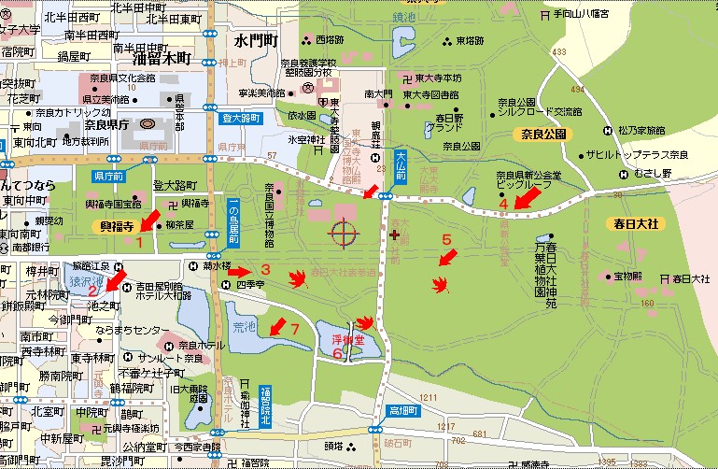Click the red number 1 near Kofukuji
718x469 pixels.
pyautogui.click(x=139, y=242)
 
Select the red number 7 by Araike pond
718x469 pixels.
pyautogui.click(x=294, y=328)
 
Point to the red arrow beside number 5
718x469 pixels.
pyautogui.click(x=448, y=255)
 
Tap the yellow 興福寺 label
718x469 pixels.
pyautogui.click(x=120, y=226)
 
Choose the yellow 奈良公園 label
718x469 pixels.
pyautogui.click(x=541, y=135)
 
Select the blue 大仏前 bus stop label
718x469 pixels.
pyautogui.click(x=401, y=165)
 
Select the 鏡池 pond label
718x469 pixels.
pyautogui.click(x=404, y=18)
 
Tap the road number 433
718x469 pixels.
pyautogui.click(x=560, y=50)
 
